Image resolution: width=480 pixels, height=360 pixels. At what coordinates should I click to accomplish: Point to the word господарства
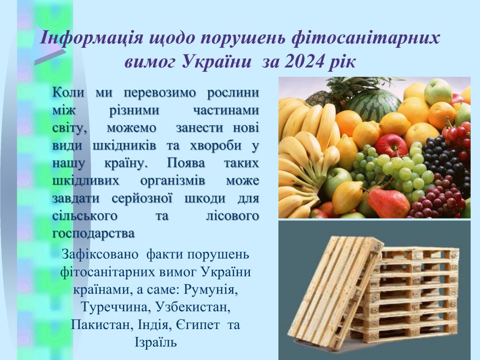93,234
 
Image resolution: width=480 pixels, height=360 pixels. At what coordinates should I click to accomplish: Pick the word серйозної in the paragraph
142,198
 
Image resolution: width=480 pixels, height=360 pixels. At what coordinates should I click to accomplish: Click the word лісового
232,216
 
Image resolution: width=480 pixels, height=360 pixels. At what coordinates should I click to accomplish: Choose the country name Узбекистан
193,307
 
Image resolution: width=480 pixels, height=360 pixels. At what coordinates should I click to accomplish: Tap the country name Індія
155,324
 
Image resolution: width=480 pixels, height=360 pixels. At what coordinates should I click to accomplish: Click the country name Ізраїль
156,342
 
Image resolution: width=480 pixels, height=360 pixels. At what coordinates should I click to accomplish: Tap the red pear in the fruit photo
388,202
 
